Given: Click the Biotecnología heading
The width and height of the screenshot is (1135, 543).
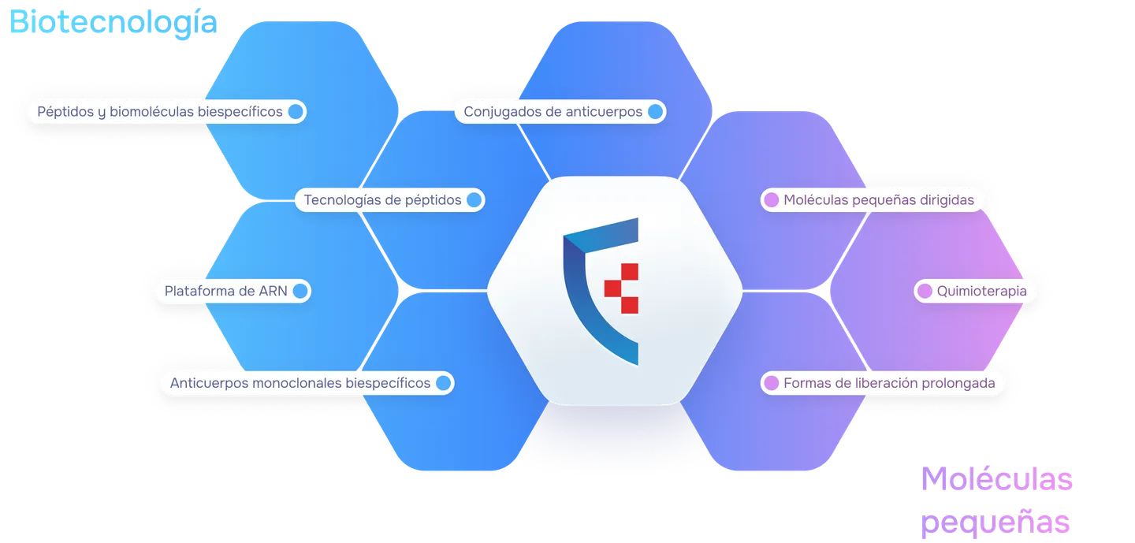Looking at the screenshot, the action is point(113,22).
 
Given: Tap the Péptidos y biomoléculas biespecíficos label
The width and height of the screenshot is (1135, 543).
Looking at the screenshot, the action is point(160,111).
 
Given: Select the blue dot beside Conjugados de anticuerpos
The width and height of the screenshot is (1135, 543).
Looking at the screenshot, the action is point(655,111).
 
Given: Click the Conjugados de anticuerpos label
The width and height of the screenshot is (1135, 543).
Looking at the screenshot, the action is point(553,111).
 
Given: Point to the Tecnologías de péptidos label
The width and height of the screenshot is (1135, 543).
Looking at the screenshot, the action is point(382,200).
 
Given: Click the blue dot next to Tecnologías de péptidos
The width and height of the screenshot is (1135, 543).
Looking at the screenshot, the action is point(474,200).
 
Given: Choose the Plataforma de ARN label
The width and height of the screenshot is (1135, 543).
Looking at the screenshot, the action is point(226,292).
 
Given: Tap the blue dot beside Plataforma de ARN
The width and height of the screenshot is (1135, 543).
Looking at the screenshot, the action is point(300,292).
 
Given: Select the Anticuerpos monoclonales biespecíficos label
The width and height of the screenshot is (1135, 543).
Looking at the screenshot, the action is point(300,383).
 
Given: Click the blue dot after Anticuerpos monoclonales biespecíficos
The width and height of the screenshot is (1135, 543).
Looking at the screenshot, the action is point(443,383).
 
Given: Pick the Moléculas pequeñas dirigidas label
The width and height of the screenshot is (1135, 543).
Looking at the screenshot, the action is point(879,200).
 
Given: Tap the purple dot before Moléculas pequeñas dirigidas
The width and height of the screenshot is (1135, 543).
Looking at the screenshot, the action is point(771,200).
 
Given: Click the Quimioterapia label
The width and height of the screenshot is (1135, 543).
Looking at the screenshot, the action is point(981,292).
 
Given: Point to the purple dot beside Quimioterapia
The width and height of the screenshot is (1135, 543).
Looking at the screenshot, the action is point(925,292).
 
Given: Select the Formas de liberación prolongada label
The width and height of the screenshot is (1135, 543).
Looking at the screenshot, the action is point(889,383).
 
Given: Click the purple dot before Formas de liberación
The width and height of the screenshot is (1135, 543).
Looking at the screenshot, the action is point(771,383).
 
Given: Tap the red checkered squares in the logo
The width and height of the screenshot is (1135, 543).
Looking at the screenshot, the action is point(622,288).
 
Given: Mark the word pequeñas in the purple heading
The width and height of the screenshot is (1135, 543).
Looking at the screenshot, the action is point(995,523).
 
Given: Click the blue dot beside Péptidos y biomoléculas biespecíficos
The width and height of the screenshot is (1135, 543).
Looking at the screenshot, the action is point(296,111).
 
